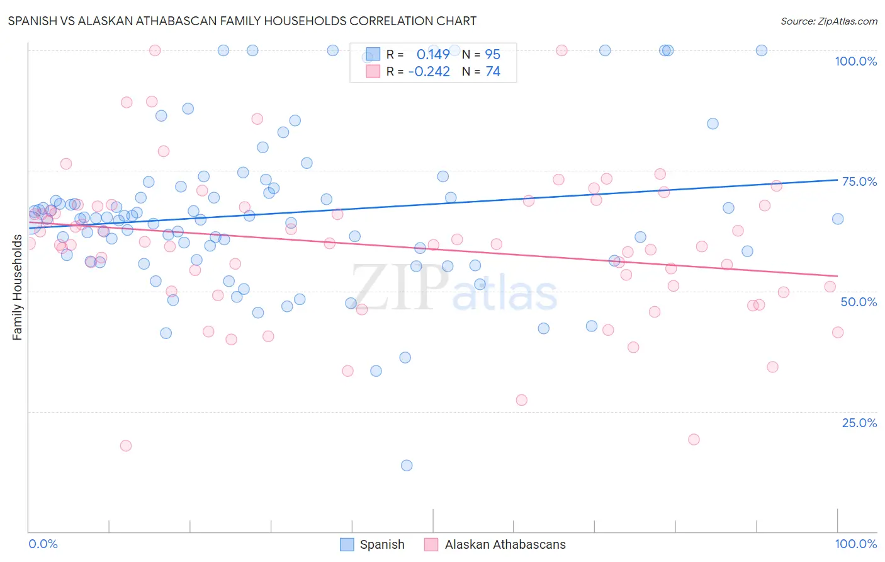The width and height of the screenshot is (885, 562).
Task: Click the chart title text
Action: pyautogui.click(x=242, y=21)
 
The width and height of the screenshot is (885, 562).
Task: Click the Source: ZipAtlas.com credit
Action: pyautogui.click(x=828, y=21)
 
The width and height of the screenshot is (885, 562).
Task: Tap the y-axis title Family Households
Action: pyautogui.click(x=17, y=287)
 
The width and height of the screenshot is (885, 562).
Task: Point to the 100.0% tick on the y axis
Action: pyautogui.click(x=855, y=61)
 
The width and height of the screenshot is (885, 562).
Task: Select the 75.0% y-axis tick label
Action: pyautogui.click(x=859, y=181)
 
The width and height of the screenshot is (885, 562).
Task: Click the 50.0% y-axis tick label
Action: pyautogui.click(x=859, y=302)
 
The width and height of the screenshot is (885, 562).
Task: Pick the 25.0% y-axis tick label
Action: pyautogui.click(x=859, y=422)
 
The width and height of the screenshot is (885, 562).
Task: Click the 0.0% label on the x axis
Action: pyautogui.click(x=43, y=544)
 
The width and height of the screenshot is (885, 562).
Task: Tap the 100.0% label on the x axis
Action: pyautogui.click(x=855, y=544)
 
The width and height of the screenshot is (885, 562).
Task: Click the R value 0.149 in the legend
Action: pyautogui.click(x=433, y=55)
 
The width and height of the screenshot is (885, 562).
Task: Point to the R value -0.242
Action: pyautogui.click(x=429, y=72)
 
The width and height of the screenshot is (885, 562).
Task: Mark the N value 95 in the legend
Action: pyautogui.click(x=492, y=55)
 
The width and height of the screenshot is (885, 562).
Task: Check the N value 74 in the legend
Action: pyautogui.click(x=492, y=72)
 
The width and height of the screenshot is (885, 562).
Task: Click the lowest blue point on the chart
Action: pyautogui.click(x=407, y=466)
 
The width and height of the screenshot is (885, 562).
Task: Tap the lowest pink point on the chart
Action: pyautogui.click(x=126, y=445)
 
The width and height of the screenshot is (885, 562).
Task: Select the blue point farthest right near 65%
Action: pyautogui.click(x=838, y=219)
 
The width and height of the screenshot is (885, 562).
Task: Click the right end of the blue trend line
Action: pyautogui.click(x=838, y=180)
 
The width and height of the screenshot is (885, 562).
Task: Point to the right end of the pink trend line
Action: pyautogui.click(x=838, y=276)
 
